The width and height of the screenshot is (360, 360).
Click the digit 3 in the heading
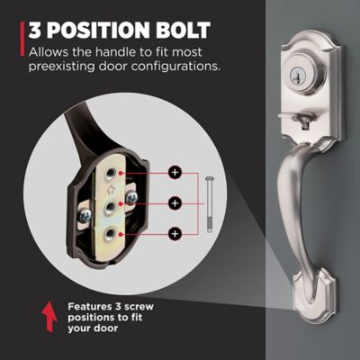coord(34,30)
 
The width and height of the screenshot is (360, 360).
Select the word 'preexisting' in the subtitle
coord(61,67)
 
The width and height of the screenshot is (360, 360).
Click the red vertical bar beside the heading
coord(22,39)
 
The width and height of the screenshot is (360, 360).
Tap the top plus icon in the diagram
coord(175,173)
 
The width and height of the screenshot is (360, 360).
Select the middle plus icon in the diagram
coord(175,203)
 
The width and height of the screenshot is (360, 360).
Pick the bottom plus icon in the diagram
coord(175,234)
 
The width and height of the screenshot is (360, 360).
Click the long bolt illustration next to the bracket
coord(210,204)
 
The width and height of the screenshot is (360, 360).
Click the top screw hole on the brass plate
coord(111,174)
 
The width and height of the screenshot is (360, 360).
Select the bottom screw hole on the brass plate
coord(111,234)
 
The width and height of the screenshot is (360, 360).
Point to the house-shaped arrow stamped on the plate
coord(111,190)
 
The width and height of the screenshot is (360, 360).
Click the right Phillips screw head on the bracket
coord(132,197)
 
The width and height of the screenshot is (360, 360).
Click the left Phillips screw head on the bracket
coord(86,215)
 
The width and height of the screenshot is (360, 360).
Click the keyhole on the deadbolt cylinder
coord(298,76)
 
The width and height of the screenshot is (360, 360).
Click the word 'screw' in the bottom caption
coord(139,307)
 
